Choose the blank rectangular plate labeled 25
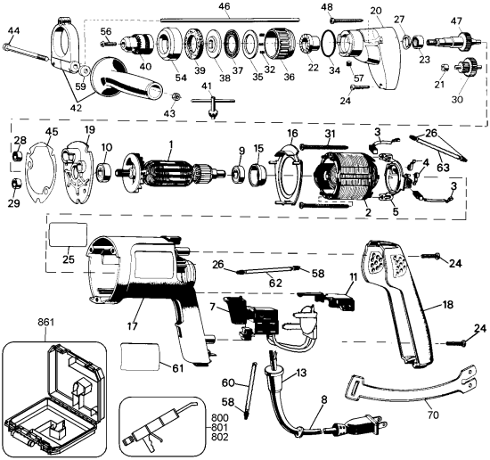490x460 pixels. [68, 236]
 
